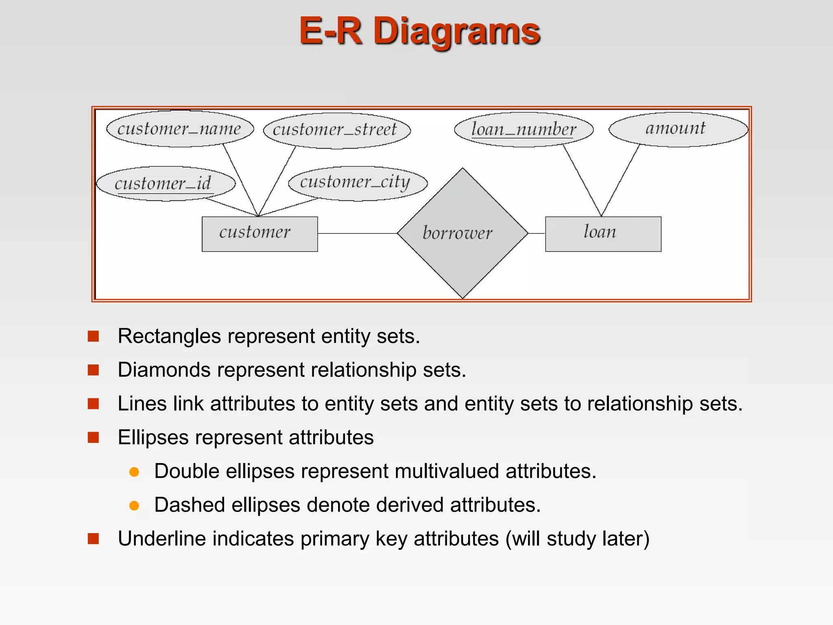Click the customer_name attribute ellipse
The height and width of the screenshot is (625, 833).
pos(180,129)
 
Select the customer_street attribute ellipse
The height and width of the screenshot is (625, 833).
pos(337,130)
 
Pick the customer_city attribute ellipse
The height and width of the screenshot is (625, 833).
pos(358,183)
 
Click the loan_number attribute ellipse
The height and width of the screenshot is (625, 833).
pos(523,129)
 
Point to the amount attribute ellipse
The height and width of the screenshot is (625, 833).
pos(678,129)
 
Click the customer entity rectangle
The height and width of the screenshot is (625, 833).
pos(259,234)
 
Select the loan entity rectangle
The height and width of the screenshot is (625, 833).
pos(603,234)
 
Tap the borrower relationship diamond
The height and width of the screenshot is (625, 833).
pos(462,233)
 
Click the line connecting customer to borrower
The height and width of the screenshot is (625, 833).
pos(357,233)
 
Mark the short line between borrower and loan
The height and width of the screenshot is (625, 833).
pos(536,233)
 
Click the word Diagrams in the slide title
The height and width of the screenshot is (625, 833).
pos(456,31)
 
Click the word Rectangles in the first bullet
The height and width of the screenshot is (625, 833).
pos(169,336)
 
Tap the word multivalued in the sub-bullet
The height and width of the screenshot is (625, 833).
pos(447,471)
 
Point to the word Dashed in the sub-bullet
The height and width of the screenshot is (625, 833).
pos(190,505)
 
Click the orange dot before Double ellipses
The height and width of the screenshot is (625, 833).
pos(134,472)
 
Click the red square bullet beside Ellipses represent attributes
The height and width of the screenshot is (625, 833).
pos(94,437)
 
